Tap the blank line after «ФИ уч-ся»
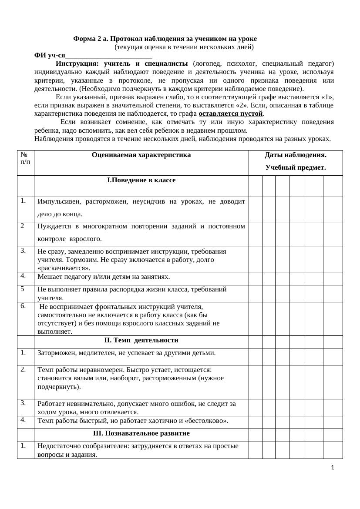(108, 55)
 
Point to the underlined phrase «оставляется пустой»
(231, 114)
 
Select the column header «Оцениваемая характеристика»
(141, 155)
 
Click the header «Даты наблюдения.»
(296, 155)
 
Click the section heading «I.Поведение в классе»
(141, 180)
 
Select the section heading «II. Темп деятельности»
(141, 340)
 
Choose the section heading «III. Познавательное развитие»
(141, 434)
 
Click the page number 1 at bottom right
(333, 468)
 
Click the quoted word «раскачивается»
(64, 268)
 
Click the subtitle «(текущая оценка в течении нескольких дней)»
(184, 47)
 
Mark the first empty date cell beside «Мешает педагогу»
(255, 278)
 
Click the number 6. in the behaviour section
(23, 306)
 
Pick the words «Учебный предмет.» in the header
(296, 167)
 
